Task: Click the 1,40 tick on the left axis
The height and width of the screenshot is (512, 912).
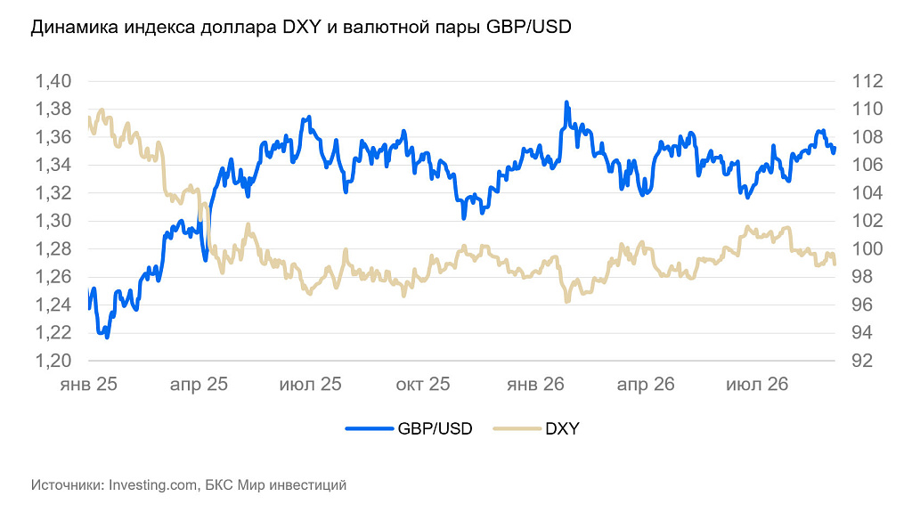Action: [53, 81]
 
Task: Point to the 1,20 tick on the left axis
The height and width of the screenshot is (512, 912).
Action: [53, 361]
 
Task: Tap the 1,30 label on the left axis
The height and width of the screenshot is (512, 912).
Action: [53, 221]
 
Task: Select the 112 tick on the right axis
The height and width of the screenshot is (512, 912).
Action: [867, 81]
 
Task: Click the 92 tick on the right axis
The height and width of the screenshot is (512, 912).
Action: [862, 361]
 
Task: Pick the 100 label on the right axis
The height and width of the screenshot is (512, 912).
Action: [867, 249]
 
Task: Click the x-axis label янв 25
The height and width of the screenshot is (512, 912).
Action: [88, 384]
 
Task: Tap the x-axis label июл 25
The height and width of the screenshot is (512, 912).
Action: [311, 384]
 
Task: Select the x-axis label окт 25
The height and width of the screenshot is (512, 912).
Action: [423, 384]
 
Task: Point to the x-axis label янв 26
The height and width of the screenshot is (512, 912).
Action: [535, 384]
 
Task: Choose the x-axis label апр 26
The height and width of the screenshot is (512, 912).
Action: [646, 384]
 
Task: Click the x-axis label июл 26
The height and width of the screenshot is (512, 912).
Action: [757, 384]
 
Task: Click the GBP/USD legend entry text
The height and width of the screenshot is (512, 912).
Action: [435, 429]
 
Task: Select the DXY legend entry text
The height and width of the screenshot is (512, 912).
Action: [563, 429]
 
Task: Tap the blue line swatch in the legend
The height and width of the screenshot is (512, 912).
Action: [370, 429]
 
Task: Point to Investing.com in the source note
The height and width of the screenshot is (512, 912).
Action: [153, 484]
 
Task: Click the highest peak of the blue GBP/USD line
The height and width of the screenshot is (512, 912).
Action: [566, 102]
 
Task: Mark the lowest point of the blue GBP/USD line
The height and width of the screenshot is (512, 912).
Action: [107, 337]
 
